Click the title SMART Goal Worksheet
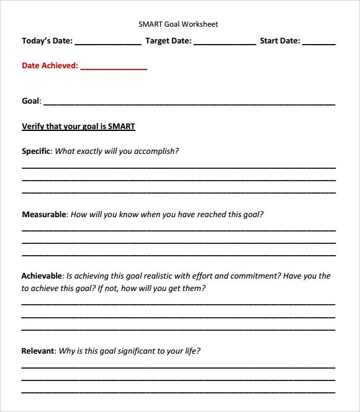pyautogui.click(x=178, y=24)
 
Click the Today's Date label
pyautogui.click(x=47, y=42)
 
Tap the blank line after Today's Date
pyautogui.click(x=108, y=43)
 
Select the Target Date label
pyautogui.click(x=168, y=42)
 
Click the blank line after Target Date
pyautogui.click(x=225, y=43)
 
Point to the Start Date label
pyautogui.click(x=280, y=42)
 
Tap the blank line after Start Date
pyautogui.click(x=320, y=43)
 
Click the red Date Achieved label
pyautogui.click(x=50, y=65)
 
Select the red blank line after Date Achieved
pyautogui.click(x=114, y=68)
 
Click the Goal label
pyautogui.click(x=31, y=101)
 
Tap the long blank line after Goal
pyautogui.click(x=189, y=103)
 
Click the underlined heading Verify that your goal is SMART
pyautogui.click(x=78, y=127)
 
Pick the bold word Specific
pyautogui.click(x=37, y=151)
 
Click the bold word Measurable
pyautogui.click(x=44, y=215)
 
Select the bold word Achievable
pyautogui.click(x=42, y=276)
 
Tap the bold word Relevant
pyautogui.click(x=38, y=351)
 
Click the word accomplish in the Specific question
pyautogui.click(x=156, y=151)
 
